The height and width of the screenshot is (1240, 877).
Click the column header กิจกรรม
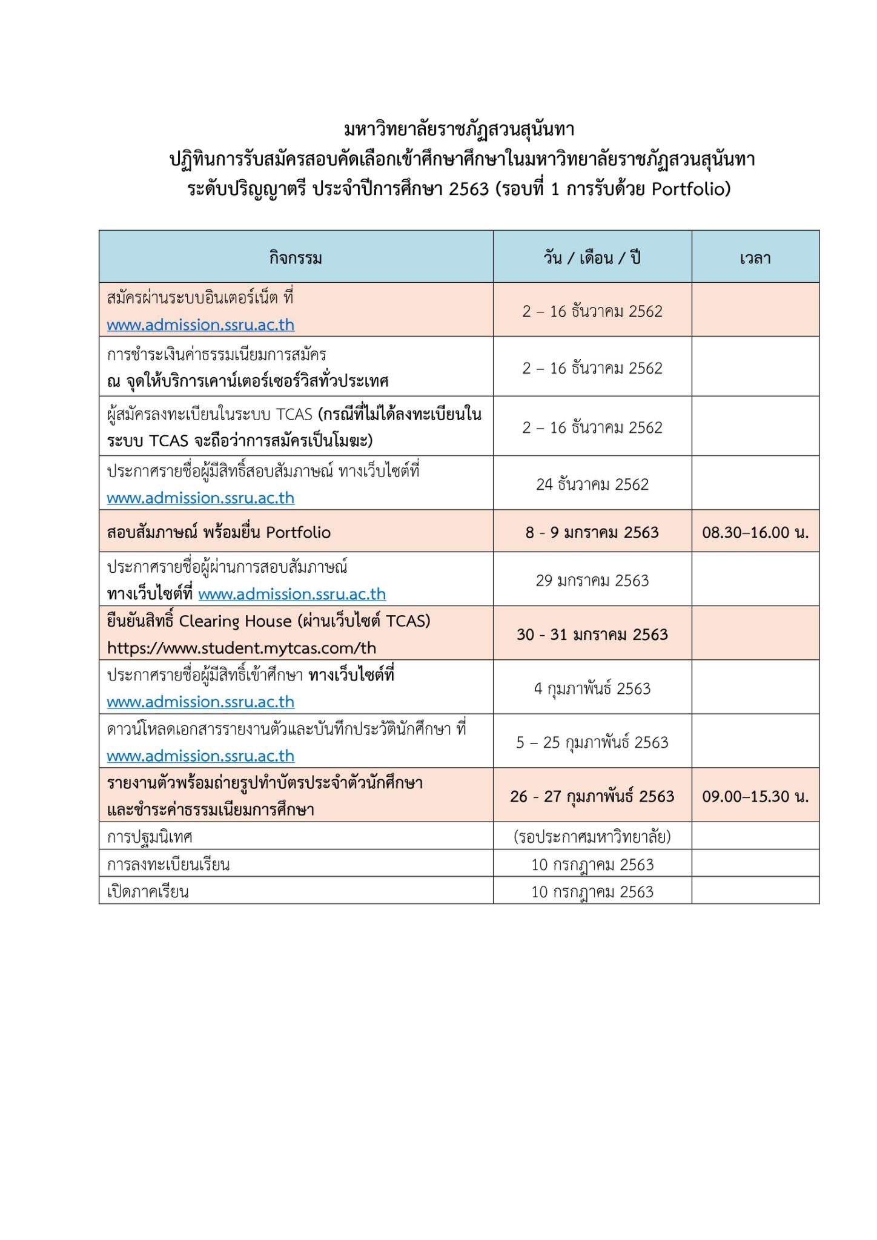click(296, 259)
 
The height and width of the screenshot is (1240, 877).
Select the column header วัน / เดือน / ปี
click(592, 259)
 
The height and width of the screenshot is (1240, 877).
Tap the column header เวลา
click(755, 259)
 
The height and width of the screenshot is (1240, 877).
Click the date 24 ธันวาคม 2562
click(592, 484)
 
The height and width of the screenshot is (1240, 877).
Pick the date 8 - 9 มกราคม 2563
click(592, 532)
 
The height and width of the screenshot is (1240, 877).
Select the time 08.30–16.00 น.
click(755, 532)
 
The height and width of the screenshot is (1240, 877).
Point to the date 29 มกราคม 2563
click(592, 581)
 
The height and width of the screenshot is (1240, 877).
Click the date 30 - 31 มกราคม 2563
click(592, 635)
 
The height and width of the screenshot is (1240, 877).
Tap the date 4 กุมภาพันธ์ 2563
click(592, 688)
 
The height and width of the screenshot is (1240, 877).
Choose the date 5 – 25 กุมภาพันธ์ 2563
click(592, 742)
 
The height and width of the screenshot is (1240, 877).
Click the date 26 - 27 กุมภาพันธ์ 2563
click(592, 796)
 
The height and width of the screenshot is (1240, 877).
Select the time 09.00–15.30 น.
click(755, 796)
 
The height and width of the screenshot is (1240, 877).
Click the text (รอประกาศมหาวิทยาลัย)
click(592, 837)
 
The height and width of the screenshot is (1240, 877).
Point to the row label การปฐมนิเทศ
click(150, 837)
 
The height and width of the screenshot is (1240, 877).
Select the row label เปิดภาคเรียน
click(148, 892)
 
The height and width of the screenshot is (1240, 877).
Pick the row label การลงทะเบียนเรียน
click(168, 864)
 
